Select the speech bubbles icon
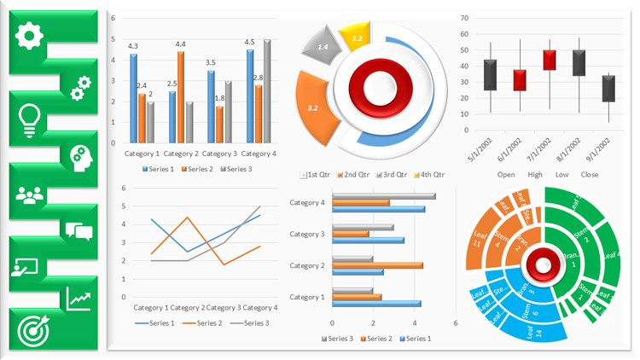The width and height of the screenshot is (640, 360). click(78, 230)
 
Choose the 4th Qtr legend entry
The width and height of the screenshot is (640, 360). click(429, 174)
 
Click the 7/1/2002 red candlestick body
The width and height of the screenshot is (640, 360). click(550, 60)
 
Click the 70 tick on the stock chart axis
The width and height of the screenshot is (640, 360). click(464, 17)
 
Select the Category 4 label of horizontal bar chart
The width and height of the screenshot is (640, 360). click(307, 203)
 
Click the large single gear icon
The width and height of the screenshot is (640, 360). click(30, 35)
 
